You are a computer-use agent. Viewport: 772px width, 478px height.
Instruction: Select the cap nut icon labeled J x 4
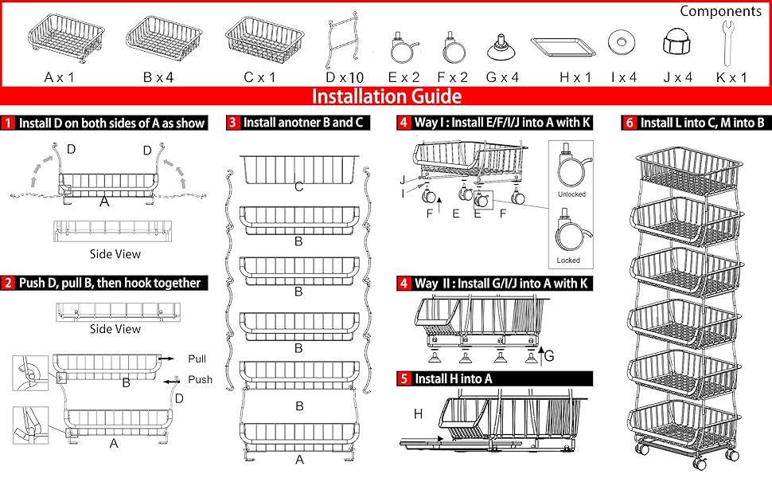coord(675,44)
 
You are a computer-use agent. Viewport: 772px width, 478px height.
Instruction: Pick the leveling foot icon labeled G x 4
coord(503,47)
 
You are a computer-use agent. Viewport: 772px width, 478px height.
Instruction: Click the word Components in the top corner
coord(720,11)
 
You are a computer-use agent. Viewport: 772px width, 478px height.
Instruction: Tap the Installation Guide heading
coord(386,97)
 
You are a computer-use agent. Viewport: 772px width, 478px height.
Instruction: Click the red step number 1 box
coord(9,123)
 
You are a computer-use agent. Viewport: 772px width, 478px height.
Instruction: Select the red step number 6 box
coord(629,123)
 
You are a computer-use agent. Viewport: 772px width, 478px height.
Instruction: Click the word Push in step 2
coord(200,379)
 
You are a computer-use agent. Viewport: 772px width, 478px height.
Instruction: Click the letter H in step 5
coord(418,413)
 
